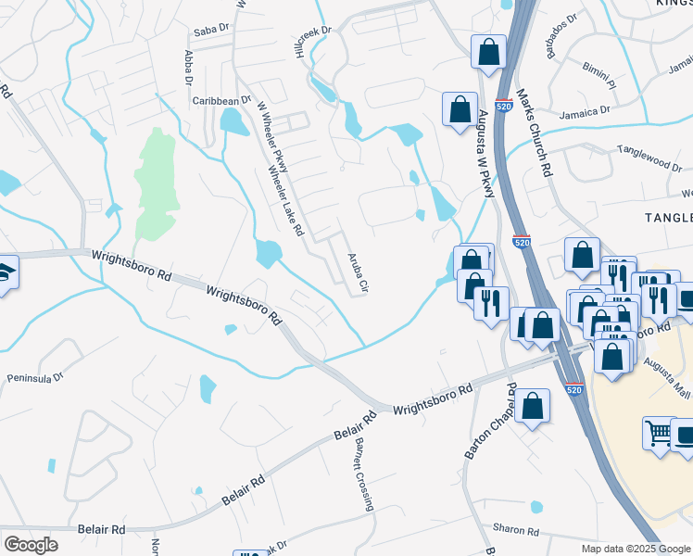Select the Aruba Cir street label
pyautogui.click(x=357, y=272)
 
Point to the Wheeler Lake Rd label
pyautogui.click(x=285, y=201)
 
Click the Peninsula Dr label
pyautogui.click(x=34, y=378)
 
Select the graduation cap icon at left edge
pyautogui.click(x=5, y=272)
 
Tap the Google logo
pyautogui.click(x=31, y=545)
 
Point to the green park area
pyautogui.click(x=154, y=181)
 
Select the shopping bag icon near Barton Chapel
pyautogui.click(x=533, y=405)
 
